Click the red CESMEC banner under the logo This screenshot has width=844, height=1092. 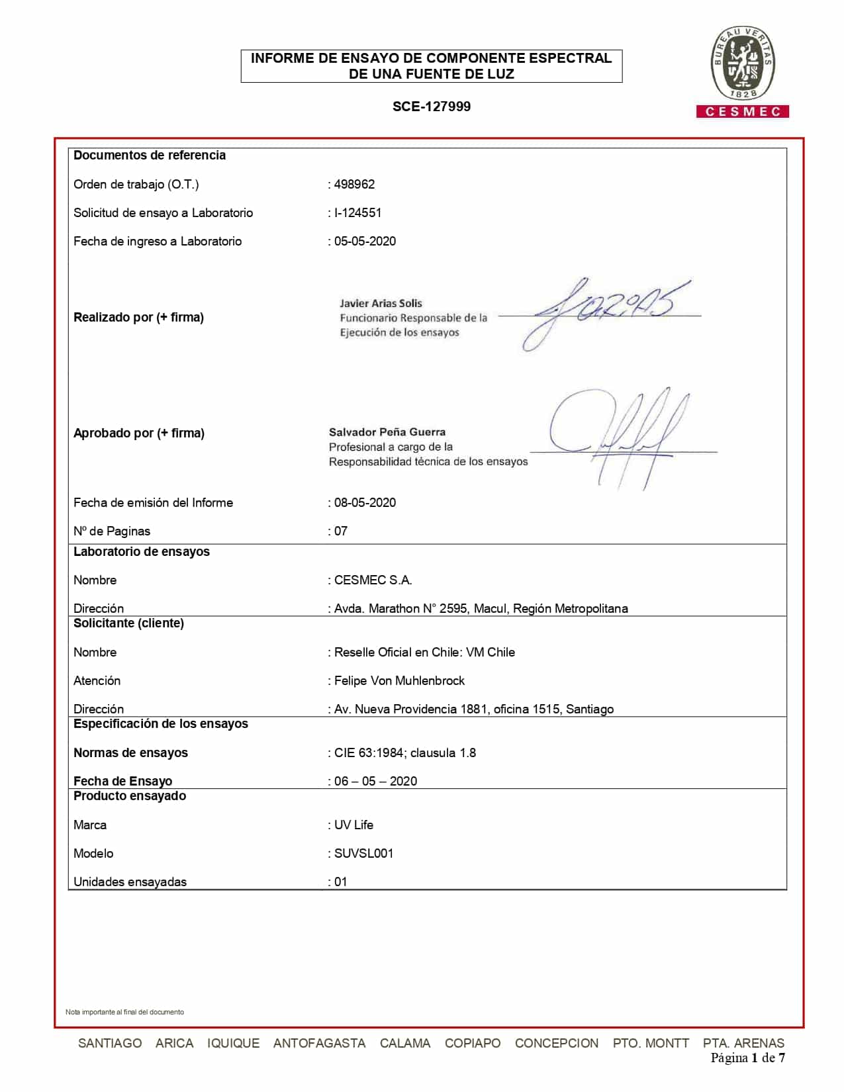click(742, 112)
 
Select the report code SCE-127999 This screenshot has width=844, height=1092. click(431, 107)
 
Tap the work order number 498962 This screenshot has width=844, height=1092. click(354, 184)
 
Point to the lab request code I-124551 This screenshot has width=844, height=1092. click(357, 212)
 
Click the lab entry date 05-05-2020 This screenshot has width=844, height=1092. click(365, 241)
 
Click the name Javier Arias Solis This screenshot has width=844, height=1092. click(381, 303)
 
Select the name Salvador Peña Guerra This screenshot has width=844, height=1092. click(387, 432)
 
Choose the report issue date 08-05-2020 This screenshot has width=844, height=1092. click(365, 502)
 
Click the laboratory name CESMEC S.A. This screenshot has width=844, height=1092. click(373, 580)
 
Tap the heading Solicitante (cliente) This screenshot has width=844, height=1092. click(128, 623)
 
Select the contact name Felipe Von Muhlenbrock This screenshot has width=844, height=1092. click(399, 680)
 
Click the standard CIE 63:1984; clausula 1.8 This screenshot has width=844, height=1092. click(404, 752)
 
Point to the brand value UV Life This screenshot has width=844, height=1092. click(353, 825)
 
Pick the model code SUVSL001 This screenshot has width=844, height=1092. click(363, 853)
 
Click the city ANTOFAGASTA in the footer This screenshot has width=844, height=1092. click(319, 1043)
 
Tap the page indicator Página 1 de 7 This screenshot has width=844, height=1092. click(747, 1058)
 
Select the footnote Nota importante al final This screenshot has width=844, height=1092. click(124, 1012)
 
